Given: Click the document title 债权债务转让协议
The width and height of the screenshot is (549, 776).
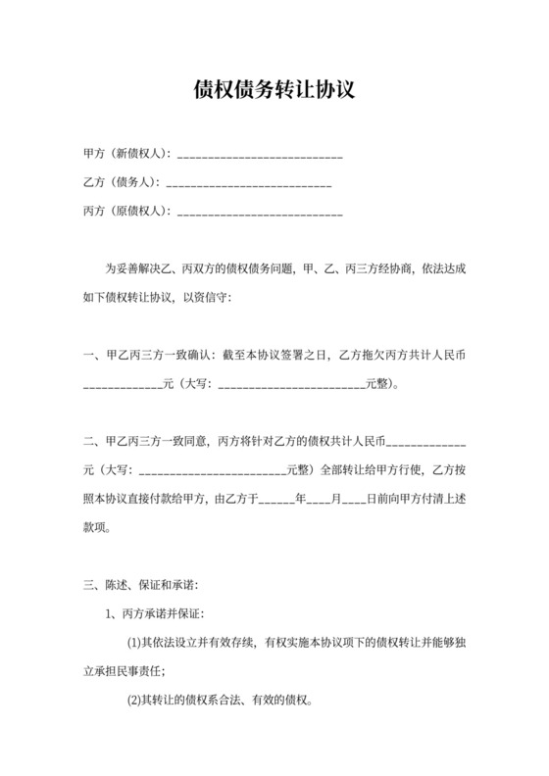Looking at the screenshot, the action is coord(274,89).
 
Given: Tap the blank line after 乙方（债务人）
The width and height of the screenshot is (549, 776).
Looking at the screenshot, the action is coord(250,183).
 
